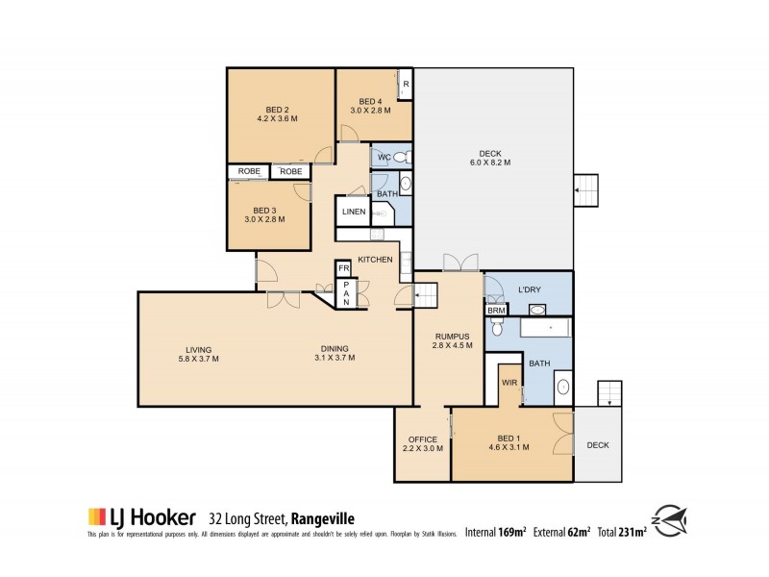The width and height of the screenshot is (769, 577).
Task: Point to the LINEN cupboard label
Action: [x=352, y=212]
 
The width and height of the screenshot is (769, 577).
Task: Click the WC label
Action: [x=383, y=157]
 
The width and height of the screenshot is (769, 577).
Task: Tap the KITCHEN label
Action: [x=375, y=260]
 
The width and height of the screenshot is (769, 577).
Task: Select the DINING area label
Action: [x=335, y=349]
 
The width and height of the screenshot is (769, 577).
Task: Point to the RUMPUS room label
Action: [x=451, y=337]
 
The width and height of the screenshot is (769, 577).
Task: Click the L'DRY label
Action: [x=531, y=290]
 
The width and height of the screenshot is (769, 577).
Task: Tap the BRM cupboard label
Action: [x=496, y=311]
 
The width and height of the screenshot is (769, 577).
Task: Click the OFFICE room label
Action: [x=423, y=439]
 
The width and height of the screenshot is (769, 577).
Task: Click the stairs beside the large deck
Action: [x=585, y=191]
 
